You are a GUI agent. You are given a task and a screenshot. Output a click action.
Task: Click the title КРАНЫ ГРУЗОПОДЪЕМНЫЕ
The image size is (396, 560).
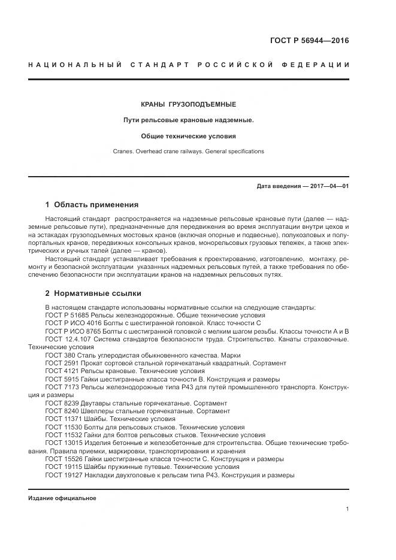tap(188, 104)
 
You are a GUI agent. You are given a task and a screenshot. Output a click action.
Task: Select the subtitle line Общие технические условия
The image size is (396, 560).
tap(188, 136)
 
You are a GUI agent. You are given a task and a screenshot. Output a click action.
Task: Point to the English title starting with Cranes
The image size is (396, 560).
tap(188, 152)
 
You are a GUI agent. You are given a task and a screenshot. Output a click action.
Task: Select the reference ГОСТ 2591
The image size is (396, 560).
tap(61, 363)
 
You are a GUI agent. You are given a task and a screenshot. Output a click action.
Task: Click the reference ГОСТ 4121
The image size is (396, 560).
tap(61, 371)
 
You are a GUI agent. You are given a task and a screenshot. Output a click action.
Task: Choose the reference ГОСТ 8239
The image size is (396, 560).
tap(61, 403)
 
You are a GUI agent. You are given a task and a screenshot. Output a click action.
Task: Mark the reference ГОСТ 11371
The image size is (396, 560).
tap(63, 419)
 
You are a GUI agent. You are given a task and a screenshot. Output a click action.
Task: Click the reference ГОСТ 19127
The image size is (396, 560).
tap(63, 476)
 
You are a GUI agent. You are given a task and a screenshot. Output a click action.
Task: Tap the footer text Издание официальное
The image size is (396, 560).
tap(62, 498)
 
